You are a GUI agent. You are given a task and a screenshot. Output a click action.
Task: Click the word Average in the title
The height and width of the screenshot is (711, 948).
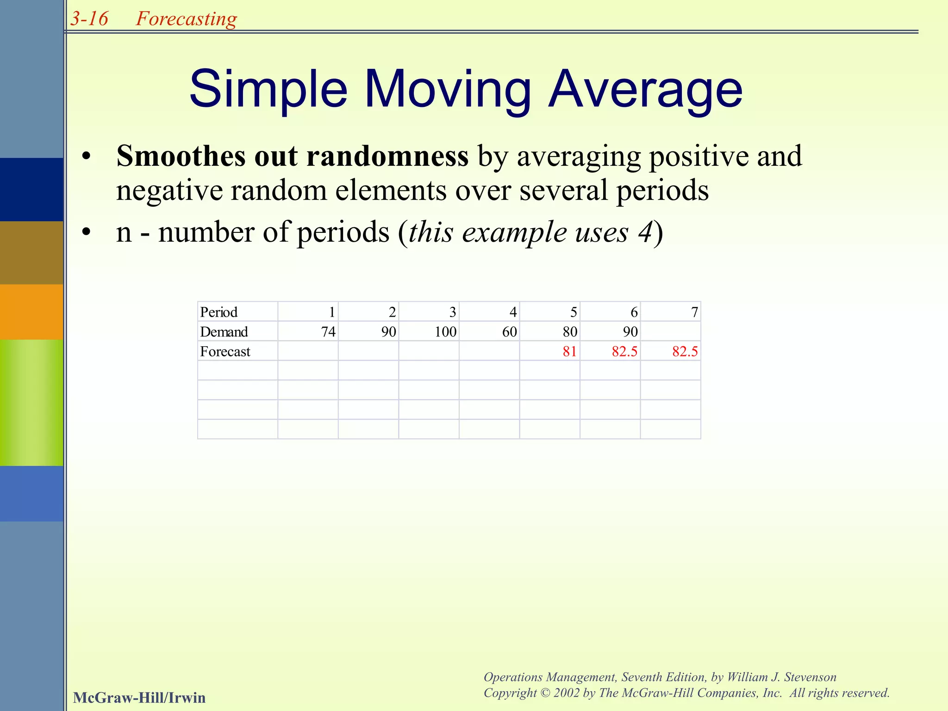645,89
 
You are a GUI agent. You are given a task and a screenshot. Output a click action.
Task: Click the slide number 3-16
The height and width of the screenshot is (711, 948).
89,19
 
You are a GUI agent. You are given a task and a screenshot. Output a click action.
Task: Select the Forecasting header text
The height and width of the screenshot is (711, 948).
186,19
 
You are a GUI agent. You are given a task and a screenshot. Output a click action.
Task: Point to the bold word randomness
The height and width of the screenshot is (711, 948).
387,156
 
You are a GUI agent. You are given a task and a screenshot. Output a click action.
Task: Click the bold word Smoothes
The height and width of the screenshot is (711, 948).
180,156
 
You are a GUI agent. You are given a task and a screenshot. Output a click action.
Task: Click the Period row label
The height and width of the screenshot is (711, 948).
218,312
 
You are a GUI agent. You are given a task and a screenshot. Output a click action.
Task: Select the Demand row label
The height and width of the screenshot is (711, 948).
224,332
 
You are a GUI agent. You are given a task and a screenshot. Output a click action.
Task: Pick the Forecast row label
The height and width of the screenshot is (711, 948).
225,352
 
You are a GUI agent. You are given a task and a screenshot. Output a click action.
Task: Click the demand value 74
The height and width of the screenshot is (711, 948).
328,332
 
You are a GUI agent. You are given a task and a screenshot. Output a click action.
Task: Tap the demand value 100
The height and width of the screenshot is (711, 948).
445,332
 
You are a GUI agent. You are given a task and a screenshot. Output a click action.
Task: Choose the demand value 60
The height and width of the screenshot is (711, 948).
509,332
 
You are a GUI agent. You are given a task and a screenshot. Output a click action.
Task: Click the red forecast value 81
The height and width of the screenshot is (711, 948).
569,352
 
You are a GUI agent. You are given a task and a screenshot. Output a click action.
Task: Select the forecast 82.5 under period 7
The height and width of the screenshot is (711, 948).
685,352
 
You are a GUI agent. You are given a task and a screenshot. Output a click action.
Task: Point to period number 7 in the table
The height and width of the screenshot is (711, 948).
694,312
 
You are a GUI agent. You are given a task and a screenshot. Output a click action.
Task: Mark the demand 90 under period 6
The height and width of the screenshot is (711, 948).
630,332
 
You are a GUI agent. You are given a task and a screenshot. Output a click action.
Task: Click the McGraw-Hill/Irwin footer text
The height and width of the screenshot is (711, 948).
139,698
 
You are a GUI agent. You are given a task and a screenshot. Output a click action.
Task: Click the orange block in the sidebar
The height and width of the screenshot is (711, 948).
31,312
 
